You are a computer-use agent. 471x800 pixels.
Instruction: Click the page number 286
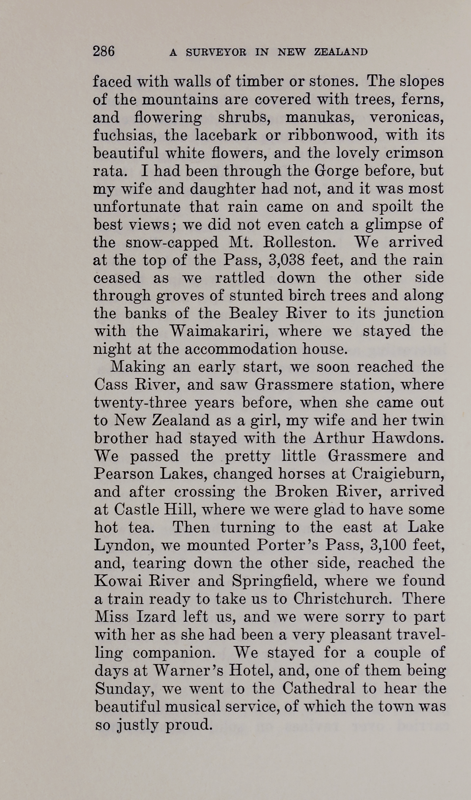tap(104, 51)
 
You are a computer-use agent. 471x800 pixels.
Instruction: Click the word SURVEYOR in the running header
tap(216, 52)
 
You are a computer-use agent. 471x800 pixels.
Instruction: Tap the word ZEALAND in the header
tap(341, 52)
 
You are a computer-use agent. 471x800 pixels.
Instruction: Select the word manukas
tap(320, 117)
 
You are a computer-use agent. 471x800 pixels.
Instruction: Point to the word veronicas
tap(406, 117)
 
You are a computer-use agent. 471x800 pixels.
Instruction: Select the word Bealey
tap(256, 313)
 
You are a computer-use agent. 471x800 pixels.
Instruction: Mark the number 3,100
tap(388, 545)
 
